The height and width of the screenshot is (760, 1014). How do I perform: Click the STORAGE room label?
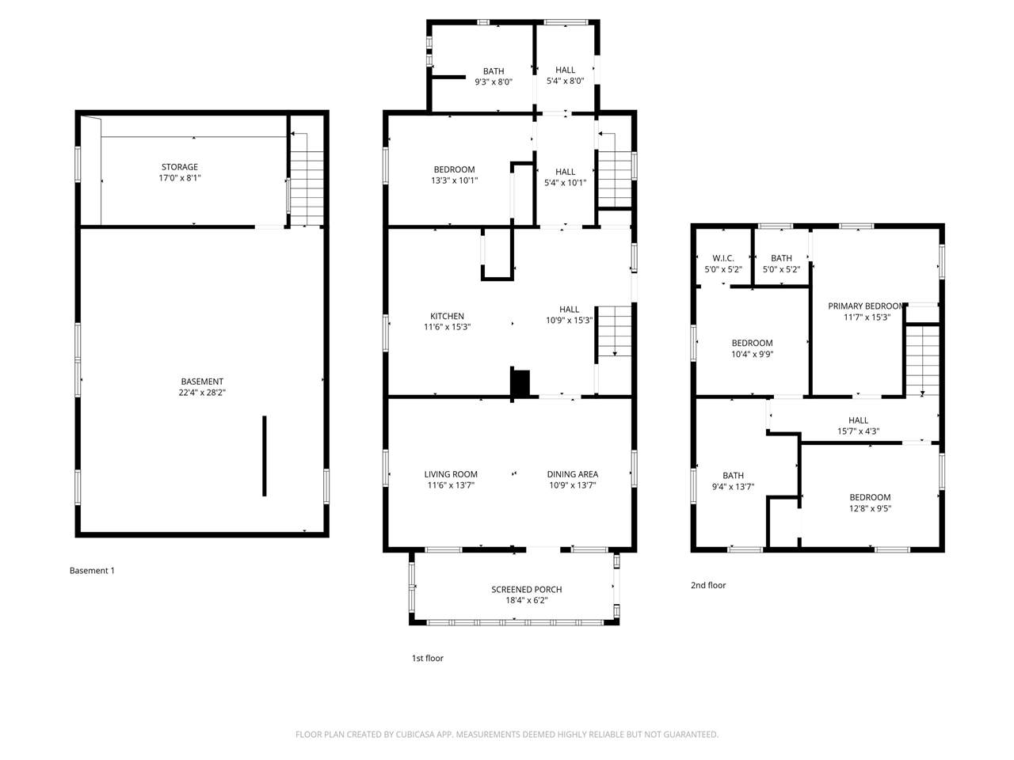(179, 167)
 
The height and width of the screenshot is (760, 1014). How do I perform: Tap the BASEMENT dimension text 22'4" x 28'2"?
(202, 393)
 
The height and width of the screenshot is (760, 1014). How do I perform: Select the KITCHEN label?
(447, 316)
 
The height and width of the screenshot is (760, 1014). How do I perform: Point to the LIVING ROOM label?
(451, 474)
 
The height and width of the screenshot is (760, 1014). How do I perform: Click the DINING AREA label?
(573, 474)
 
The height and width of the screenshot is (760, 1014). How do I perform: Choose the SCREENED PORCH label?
(526, 589)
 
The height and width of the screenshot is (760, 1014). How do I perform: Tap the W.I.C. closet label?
(723, 258)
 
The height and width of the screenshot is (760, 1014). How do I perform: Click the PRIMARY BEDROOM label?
(865, 306)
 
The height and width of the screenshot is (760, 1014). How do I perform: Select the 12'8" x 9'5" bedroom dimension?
(870, 508)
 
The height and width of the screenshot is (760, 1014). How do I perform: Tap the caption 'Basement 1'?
(92, 570)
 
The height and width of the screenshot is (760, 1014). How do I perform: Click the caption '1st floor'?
(427, 658)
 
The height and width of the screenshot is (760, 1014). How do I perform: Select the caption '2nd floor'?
(708, 585)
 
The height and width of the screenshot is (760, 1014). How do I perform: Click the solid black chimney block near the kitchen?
(520, 382)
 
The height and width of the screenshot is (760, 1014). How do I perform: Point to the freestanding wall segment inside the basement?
(265, 456)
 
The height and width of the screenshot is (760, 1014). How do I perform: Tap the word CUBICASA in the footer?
(415, 734)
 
